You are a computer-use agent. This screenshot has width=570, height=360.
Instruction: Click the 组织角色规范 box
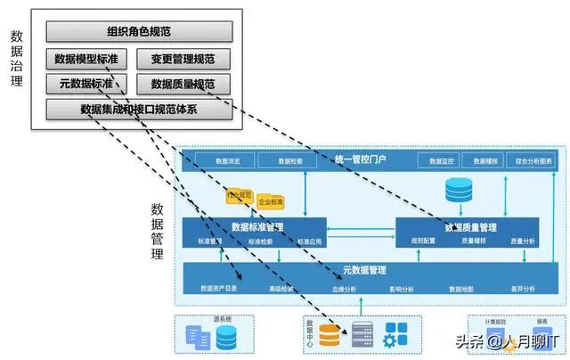[138, 32]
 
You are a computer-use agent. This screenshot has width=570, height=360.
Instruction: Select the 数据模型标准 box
[86, 59]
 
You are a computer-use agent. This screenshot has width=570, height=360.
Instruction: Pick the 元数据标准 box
[86, 85]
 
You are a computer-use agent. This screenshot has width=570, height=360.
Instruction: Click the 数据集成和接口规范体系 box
[138, 110]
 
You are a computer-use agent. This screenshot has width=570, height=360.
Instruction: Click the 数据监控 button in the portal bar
[442, 161]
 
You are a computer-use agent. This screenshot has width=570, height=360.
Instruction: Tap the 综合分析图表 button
[533, 161]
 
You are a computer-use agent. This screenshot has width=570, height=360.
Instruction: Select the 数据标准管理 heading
[257, 226]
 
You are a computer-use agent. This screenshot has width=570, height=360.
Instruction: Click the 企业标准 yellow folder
[271, 202]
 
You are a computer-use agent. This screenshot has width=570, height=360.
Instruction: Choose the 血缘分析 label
[344, 289]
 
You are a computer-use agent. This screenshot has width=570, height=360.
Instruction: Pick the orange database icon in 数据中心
[330, 335]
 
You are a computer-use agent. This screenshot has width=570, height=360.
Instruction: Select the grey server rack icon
[362, 335]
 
